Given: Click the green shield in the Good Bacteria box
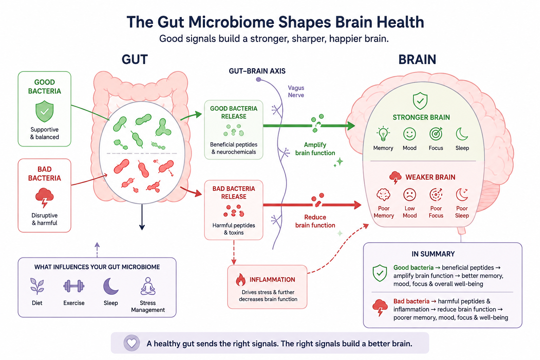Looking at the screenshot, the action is (x=44, y=111).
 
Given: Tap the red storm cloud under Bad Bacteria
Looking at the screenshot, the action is (x=44, y=197).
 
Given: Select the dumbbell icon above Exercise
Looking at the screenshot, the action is (x=74, y=286).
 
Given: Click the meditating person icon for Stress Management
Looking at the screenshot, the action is (x=148, y=286).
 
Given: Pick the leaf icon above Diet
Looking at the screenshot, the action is (x=37, y=286).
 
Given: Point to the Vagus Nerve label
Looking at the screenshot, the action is (x=296, y=91).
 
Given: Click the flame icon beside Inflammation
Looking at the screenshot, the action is (x=240, y=280).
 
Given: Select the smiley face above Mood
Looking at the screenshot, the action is (x=410, y=134).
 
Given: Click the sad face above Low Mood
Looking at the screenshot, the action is (x=410, y=194).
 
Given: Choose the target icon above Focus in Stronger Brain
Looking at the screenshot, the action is (x=436, y=134).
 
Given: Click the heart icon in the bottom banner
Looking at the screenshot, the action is (x=131, y=343).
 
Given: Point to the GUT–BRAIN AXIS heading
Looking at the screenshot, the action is (x=257, y=71).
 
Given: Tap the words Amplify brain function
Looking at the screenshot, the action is (x=315, y=149).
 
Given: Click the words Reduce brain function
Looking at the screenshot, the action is (x=315, y=221).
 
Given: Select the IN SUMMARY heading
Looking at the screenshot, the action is (x=433, y=254).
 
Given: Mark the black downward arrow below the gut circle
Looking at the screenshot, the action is (x=142, y=217).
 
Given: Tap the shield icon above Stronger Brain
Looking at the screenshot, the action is (x=420, y=101).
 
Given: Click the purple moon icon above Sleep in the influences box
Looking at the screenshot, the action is (x=111, y=286).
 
